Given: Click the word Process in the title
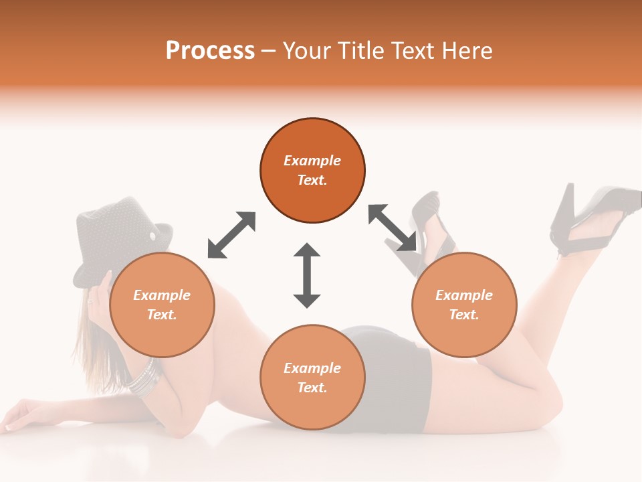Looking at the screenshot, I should [210, 51].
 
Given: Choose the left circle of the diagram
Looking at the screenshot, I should [162, 305].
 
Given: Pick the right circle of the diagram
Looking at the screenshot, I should [464, 305].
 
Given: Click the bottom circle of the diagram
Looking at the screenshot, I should [312, 378].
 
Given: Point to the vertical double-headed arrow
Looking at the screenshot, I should [307, 275].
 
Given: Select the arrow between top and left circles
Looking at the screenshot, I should [231, 235].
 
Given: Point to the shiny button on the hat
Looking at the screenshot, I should [153, 236].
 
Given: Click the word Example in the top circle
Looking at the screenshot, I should [312, 161].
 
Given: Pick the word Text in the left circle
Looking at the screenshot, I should [162, 315].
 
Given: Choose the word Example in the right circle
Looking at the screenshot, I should [464, 295].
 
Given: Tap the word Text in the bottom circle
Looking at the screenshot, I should [312, 388].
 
